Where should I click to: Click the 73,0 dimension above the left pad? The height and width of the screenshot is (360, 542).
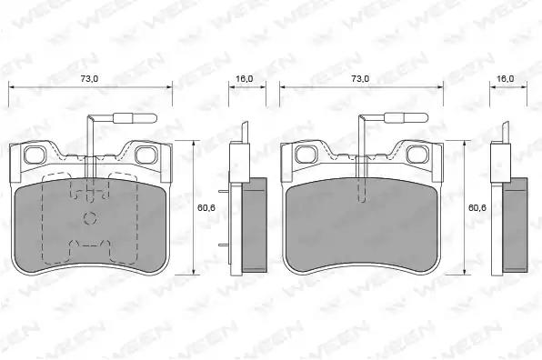(89, 79)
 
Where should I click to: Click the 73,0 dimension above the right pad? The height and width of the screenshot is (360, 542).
(360, 79)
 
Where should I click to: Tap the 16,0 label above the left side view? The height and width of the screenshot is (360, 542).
(245, 79)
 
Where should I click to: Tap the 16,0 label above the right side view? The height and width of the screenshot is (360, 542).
(506, 79)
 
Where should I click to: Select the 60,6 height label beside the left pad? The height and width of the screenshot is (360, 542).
(206, 207)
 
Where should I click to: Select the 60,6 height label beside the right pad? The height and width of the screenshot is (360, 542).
(477, 207)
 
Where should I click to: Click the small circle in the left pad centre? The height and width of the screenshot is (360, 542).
(91, 217)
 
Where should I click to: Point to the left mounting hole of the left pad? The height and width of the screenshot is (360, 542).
(35, 155)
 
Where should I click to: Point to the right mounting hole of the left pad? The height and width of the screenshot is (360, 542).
(146, 155)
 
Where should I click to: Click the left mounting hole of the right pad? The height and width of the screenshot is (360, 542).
(306, 155)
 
